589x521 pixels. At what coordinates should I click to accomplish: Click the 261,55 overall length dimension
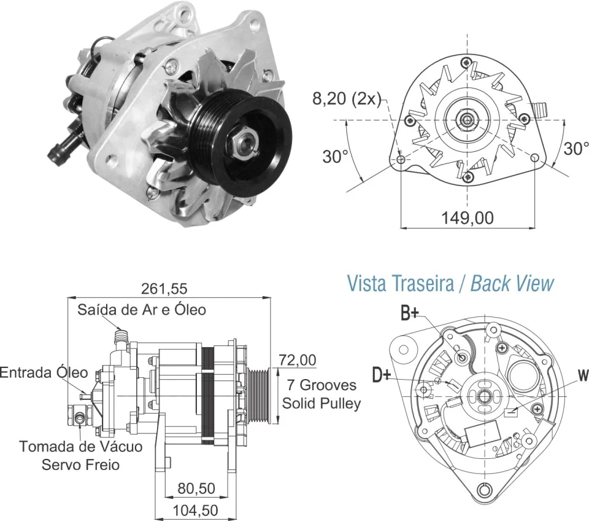164,289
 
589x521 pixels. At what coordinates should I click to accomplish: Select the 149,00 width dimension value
468,218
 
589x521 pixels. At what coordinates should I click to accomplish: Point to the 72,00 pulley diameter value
297,360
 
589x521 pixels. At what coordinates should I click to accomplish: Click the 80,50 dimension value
196,488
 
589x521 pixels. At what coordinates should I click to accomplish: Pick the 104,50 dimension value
195,511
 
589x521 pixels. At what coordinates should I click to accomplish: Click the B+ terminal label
410,313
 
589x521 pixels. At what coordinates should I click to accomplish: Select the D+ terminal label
382,375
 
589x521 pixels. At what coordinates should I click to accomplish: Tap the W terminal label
583,374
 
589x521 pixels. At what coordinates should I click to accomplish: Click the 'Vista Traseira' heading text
399,283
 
